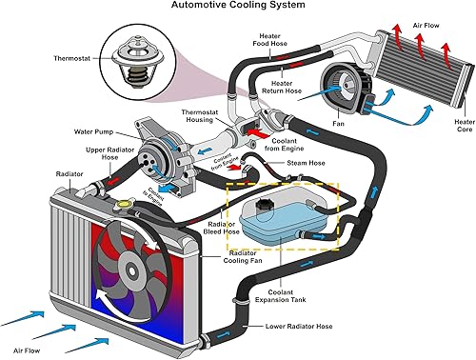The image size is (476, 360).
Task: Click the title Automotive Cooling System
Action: coord(237,6)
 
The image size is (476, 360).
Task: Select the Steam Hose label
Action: coord(305,163)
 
